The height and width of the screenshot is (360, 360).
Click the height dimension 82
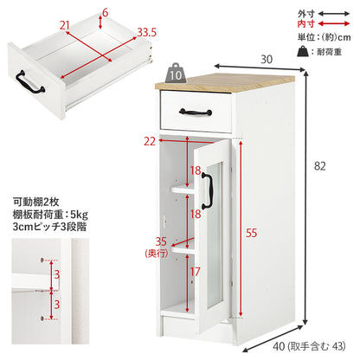(x=319, y=166)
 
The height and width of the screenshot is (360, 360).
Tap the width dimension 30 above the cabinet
(x=267, y=59)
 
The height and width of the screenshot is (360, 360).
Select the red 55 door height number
(x=251, y=233)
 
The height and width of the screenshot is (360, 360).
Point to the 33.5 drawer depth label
(x=146, y=32)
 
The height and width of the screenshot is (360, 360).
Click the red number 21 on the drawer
(x=65, y=25)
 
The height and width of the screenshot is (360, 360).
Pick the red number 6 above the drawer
(x=105, y=13)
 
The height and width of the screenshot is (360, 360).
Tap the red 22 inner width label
(x=150, y=141)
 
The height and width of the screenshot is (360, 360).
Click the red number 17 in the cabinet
(x=195, y=272)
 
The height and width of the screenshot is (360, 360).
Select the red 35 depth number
(x=161, y=241)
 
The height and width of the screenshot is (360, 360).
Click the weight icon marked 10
(x=176, y=74)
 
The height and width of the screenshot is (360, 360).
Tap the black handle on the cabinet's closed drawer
(x=196, y=112)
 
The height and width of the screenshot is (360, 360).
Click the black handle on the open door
(x=207, y=190)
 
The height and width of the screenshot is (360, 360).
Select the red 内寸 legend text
(x=305, y=23)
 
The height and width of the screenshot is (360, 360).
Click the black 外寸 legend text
(x=305, y=14)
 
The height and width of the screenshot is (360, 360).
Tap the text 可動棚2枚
(x=35, y=202)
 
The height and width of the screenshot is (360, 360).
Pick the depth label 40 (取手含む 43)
(x=309, y=346)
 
